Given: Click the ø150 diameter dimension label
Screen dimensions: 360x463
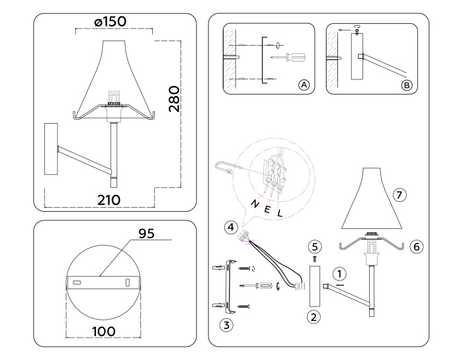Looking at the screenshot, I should (x=110, y=22).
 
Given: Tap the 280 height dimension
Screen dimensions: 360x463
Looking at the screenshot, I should (x=173, y=98).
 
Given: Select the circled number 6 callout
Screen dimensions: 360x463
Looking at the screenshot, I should (x=416, y=246).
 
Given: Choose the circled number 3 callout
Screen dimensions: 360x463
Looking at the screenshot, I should (x=228, y=325).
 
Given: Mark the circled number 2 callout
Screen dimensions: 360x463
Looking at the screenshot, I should (x=315, y=316).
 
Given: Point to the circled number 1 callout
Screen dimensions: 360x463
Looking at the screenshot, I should (x=338, y=271).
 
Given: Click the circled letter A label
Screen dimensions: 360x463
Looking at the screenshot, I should (x=304, y=85).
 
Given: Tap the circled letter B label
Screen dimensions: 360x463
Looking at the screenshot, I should (x=407, y=85).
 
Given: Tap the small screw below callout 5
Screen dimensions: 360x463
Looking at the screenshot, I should (x=316, y=257).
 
